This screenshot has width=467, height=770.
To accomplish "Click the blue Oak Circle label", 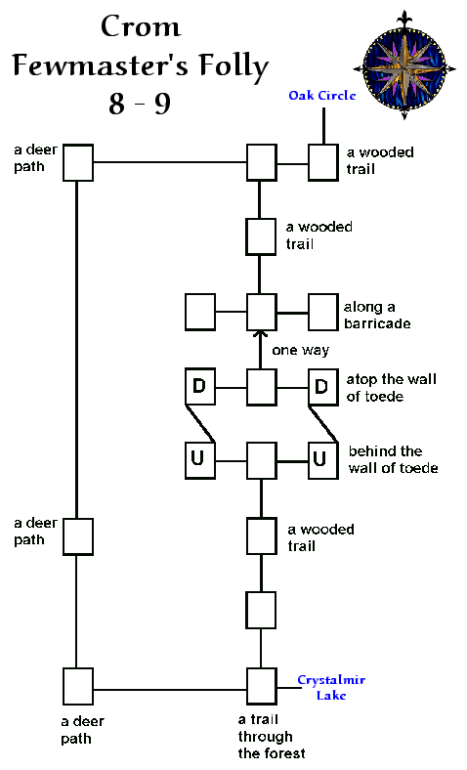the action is pos(321,95).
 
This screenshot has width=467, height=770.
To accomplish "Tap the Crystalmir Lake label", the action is pos(331,687).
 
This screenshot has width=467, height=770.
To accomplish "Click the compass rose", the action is pos(404,65).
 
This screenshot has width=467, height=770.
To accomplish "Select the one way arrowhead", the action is pos(261,334).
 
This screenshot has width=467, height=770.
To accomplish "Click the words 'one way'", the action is pos(301,350).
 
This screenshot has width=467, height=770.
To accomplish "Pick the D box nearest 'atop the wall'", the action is pos(323,387).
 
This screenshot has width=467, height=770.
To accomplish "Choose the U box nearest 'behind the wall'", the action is pos(323,460).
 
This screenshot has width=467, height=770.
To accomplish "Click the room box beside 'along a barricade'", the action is pos(323,312).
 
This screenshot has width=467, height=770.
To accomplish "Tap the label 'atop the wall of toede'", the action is pos(392,388).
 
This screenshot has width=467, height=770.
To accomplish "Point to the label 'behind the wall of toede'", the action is pos(394,459).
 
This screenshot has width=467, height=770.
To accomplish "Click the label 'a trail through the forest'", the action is pos(272,736).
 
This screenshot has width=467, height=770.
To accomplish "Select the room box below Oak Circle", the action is pos(323,162).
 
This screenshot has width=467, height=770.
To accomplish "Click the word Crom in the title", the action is pos(141,26).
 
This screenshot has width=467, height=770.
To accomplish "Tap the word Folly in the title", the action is pos(233,67).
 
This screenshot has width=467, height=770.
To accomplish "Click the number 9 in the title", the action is pos(162,104).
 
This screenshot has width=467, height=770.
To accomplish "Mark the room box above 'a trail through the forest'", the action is pos(261,686).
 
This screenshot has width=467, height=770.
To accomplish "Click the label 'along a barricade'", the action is pos(377,316).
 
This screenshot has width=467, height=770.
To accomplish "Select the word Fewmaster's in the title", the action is pos(101,65).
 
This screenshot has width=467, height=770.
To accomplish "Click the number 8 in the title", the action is pos(117,104).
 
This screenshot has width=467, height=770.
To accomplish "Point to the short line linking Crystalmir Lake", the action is pos(289,688).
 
